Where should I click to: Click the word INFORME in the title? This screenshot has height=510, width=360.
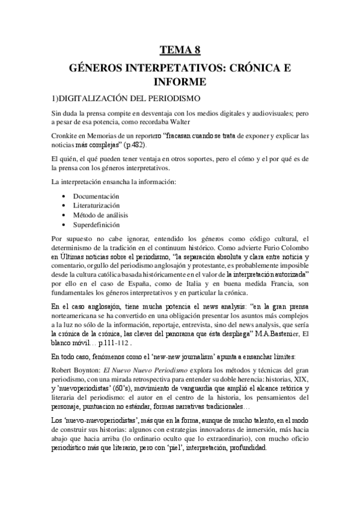pyautogui.click(x=180, y=80)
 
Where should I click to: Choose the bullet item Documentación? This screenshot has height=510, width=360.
pyautogui.click(x=96, y=197)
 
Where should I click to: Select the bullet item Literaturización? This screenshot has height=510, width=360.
pyautogui.click(x=97, y=206)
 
